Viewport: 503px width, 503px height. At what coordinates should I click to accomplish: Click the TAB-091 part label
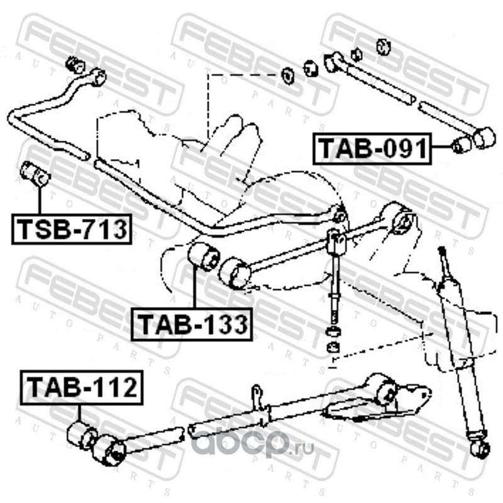tap(371, 149)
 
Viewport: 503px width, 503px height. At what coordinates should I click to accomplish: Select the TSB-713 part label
tap(70, 229)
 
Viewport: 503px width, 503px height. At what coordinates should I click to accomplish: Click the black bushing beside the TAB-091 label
tap(462, 144)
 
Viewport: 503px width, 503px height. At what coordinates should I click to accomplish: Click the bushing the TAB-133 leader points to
tap(202, 257)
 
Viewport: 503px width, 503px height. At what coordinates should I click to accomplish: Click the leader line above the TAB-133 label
tap(194, 289)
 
